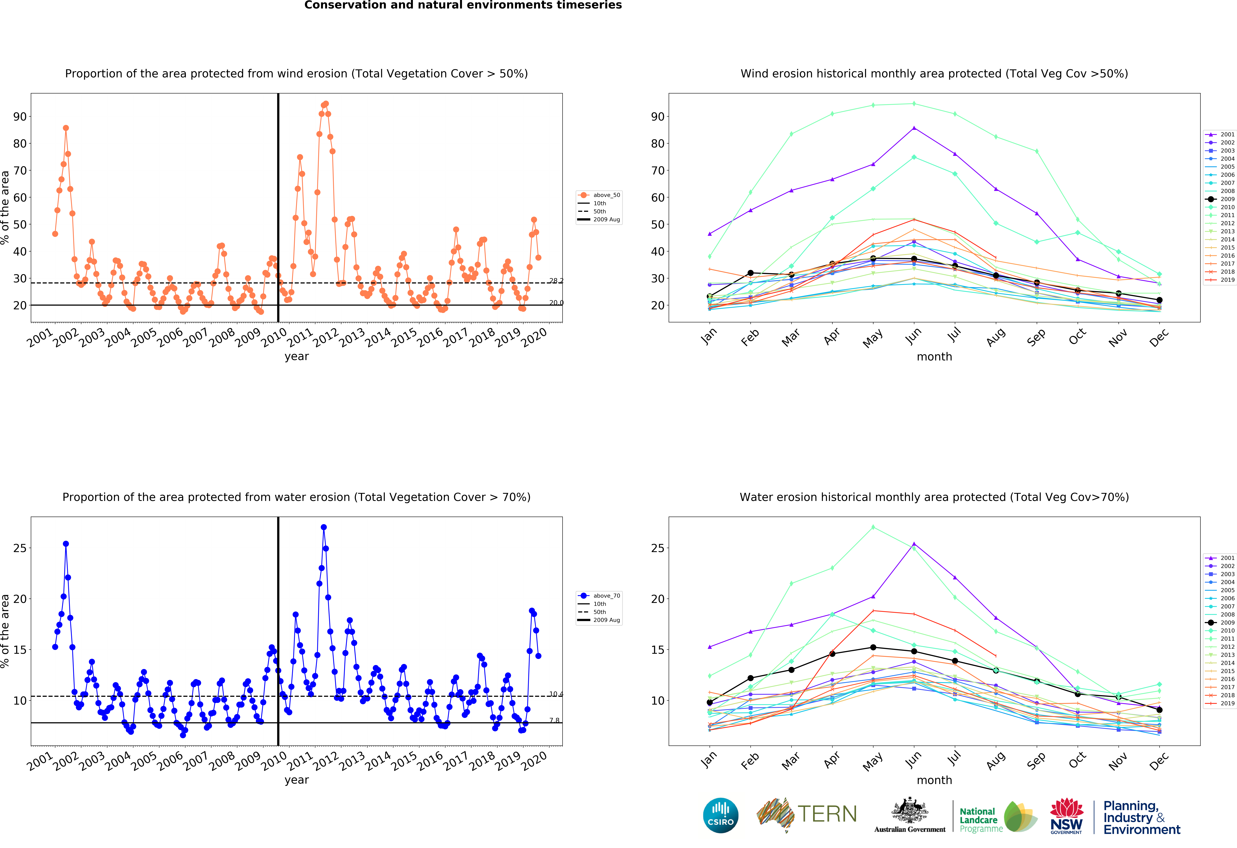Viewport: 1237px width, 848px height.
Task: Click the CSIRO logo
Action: [721, 815]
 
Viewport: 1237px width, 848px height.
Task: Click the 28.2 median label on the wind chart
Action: [556, 281]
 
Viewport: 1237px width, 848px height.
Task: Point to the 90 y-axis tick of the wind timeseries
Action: [20, 117]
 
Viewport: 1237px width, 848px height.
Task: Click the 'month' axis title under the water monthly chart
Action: [934, 780]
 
